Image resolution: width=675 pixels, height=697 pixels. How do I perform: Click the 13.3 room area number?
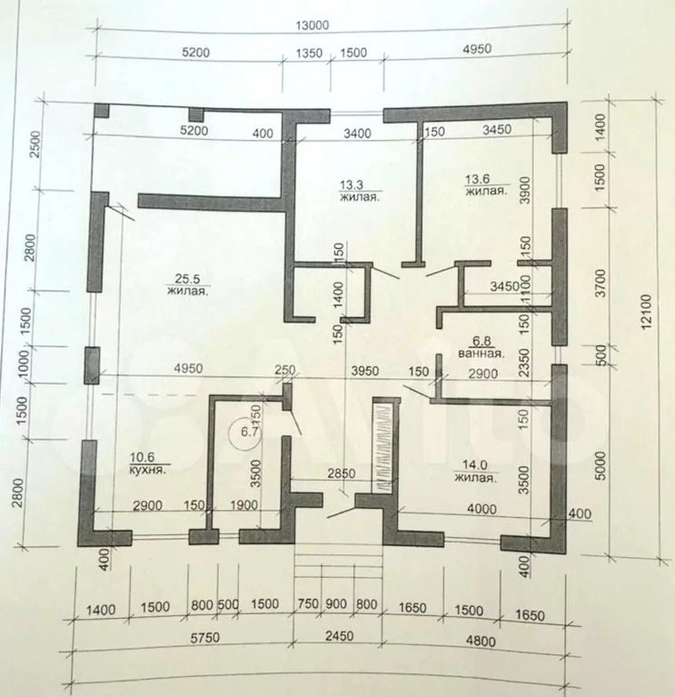pyautogui.click(x=351, y=182)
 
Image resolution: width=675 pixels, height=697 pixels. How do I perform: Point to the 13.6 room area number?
pyautogui.click(x=479, y=179)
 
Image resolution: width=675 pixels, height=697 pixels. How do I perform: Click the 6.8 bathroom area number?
pyautogui.click(x=478, y=341)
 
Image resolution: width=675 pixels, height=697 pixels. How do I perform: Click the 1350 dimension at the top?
pyautogui.click(x=310, y=54)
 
